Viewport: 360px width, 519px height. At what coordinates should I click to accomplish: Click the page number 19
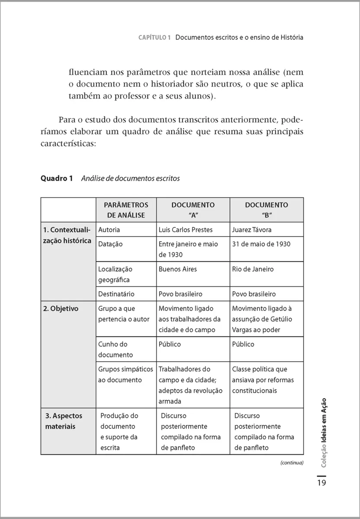321,483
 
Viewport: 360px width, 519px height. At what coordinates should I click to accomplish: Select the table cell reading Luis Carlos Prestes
186,230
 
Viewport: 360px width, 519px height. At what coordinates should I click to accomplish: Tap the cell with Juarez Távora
252,230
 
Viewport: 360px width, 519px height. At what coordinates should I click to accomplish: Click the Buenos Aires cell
177,269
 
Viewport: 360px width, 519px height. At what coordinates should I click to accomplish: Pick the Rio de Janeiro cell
253,269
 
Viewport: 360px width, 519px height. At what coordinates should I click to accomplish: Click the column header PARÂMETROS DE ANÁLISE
126,210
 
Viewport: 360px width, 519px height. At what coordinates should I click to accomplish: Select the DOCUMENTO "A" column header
193,210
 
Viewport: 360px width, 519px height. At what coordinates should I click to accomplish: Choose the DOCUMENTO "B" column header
267,210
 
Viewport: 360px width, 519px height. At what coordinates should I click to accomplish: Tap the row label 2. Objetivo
61,309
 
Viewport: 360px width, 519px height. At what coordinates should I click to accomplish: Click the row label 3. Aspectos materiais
64,421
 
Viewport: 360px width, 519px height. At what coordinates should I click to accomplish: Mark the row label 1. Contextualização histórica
67,235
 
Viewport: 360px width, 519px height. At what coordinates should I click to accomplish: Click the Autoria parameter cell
109,230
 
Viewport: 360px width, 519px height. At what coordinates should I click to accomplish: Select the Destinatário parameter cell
116,294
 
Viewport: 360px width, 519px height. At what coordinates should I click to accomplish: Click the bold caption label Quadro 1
57,178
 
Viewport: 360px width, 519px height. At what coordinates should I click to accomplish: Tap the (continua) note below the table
292,462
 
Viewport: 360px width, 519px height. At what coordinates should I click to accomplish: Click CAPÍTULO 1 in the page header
154,38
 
